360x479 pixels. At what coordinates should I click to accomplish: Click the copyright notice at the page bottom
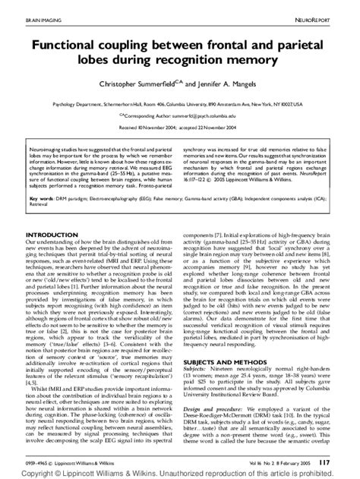(x=180, y=472)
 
